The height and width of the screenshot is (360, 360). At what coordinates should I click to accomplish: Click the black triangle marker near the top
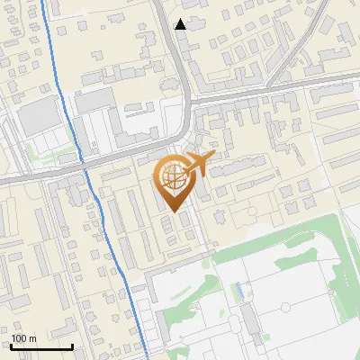tap(181, 24)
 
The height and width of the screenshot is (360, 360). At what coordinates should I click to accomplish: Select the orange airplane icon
tap(200, 164)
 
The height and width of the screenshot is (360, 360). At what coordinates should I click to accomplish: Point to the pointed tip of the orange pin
tap(172, 211)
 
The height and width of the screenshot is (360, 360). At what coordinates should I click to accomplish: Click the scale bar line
tap(41, 346)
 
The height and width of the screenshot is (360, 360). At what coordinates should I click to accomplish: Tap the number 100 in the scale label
tap(20, 338)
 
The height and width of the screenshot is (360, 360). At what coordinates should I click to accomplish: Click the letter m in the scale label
tap(32, 338)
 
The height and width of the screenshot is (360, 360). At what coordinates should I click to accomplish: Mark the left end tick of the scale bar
tap(12, 345)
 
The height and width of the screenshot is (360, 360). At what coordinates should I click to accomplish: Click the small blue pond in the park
tap(238, 291)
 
